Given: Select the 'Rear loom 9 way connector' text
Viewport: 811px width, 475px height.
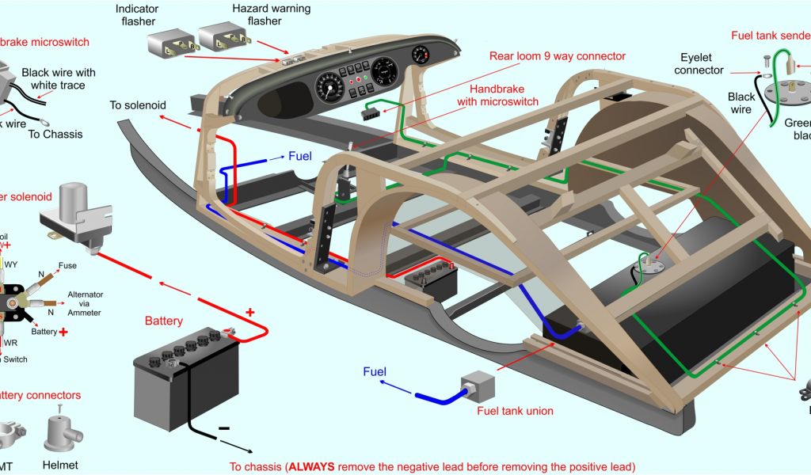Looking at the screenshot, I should coord(557,56).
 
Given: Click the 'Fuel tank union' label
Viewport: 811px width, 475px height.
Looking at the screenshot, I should coord(515,411).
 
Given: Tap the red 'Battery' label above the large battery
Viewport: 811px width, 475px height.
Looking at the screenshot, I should coord(164,321).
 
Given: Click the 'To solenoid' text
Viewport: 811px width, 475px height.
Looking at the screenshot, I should coord(136,105).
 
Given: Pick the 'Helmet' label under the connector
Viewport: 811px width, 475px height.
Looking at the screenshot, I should coord(60,465).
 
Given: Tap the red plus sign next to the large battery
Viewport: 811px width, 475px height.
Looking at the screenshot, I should coord(250,312).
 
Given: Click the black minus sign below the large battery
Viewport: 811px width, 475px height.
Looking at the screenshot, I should coord(224,428).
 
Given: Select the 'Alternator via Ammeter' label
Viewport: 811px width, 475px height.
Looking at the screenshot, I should coord(85,303).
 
